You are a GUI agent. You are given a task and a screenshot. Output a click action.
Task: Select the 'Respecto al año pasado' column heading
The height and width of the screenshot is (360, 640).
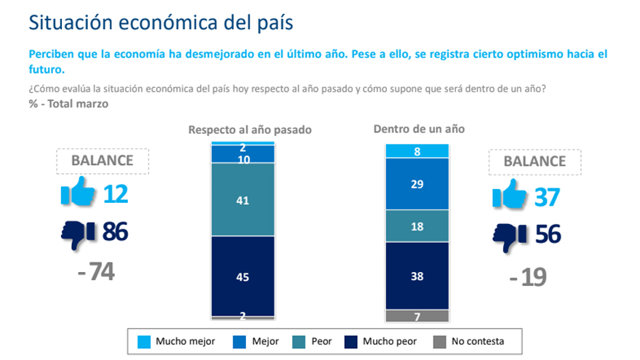point(249,130)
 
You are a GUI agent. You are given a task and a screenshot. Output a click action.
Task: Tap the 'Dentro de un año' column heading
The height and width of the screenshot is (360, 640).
point(419,129)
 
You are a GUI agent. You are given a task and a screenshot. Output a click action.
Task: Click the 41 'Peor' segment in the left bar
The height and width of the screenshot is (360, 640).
point(243,199)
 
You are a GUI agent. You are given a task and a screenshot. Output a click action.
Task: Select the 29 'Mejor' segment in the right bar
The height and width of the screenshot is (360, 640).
point(416,184)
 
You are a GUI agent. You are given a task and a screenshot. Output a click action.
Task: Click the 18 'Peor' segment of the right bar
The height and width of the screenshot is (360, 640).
point(416,226)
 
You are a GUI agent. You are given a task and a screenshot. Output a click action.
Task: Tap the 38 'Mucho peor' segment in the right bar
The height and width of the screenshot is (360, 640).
point(416,276)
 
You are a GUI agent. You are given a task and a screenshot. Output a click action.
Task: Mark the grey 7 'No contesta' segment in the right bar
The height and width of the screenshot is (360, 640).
point(416,316)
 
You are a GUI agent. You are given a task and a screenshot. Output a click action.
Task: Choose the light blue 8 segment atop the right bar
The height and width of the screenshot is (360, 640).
point(416,151)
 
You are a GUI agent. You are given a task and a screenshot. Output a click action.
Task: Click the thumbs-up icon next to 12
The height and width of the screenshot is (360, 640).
point(76,195)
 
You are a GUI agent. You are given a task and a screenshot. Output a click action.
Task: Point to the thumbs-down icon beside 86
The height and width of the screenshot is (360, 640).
point(76,233)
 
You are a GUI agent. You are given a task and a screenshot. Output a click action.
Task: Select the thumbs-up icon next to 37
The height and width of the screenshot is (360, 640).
point(511,195)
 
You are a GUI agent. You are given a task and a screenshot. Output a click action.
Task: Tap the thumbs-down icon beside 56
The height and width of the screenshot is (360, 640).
point(511,234)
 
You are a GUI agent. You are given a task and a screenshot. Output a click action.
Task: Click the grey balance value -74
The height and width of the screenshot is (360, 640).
point(95,273)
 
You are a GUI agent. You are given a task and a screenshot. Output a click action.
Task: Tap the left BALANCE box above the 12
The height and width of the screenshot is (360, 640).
point(102,161)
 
